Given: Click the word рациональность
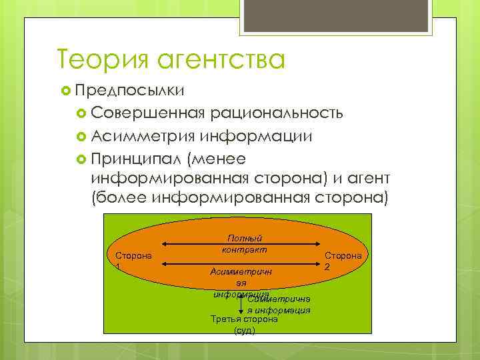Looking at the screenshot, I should point(277,111).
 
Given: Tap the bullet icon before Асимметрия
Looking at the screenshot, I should point(81,137).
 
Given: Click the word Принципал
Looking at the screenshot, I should point(136,159).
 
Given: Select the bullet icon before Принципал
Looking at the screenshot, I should point(81,159).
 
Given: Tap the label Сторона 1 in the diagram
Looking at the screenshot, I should point(133,260).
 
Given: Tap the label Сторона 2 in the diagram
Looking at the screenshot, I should point(343,260).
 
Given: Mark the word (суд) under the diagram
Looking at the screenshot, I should point(244,331).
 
